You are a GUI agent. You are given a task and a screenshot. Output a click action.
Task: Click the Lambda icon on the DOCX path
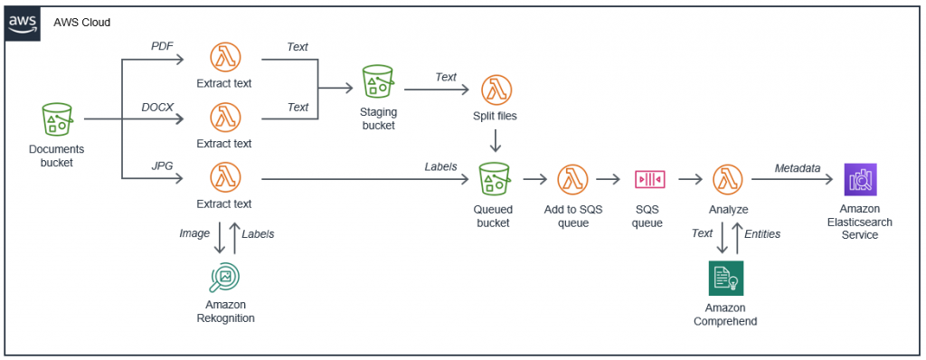(224, 118)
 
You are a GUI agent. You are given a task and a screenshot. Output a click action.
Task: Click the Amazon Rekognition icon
(224, 277)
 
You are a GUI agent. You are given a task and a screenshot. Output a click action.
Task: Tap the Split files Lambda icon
(495, 90)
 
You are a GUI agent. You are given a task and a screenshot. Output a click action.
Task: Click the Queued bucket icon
(495, 178)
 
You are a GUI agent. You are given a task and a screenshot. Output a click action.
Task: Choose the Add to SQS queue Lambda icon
(571, 178)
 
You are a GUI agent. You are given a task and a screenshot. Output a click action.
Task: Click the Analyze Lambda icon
(728, 178)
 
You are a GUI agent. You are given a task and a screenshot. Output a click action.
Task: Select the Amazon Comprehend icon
(725, 279)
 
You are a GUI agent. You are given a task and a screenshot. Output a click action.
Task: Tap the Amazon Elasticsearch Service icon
(859, 179)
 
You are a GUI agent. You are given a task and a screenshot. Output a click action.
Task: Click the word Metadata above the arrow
(797, 167)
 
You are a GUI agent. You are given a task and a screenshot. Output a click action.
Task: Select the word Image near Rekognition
(194, 233)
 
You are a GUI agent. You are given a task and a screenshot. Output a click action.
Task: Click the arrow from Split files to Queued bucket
(495, 141)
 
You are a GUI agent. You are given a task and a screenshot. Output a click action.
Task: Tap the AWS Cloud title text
(82, 22)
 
